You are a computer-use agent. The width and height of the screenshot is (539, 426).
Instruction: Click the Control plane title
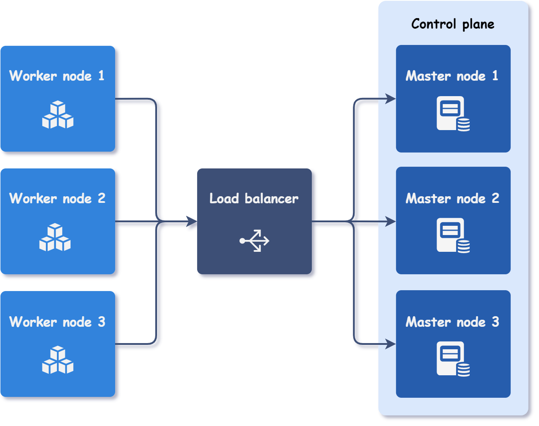tap(453, 24)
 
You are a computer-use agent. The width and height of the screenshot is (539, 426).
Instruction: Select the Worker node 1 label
tap(57, 76)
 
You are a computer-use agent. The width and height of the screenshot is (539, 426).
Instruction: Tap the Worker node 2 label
tap(57, 198)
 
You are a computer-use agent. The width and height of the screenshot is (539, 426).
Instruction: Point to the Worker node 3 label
tap(57, 322)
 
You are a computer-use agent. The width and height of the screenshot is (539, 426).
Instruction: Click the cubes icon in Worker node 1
tap(58, 115)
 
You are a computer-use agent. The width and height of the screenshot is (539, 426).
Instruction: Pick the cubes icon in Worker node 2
tap(55, 238)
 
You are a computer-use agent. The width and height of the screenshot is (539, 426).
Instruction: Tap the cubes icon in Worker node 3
tap(58, 360)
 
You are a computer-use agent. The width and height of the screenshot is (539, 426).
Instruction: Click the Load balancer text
tap(254, 198)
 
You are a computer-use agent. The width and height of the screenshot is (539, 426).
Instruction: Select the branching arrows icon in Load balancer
tap(255, 241)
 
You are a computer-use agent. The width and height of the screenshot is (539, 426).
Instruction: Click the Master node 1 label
tap(452, 76)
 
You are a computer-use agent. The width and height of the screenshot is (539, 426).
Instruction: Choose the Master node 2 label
tap(453, 198)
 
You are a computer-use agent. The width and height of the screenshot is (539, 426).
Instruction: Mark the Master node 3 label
tap(453, 322)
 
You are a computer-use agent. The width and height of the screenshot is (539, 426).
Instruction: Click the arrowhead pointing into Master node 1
tap(390, 99)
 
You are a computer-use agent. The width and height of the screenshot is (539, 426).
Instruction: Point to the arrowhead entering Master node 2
tap(390, 222)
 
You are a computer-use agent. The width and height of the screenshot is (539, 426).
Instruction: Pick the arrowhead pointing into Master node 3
tap(390, 344)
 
